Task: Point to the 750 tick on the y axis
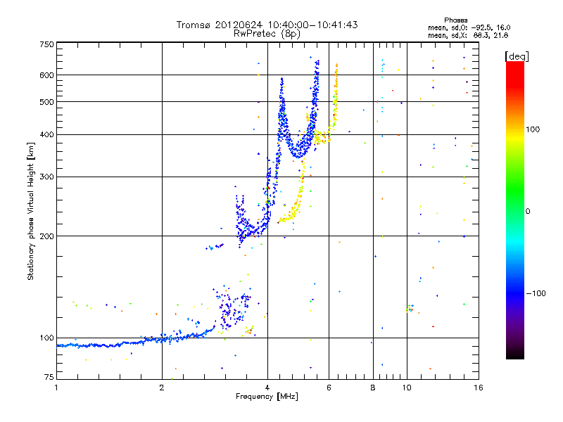tap(46, 44)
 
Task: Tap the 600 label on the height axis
tap(46, 75)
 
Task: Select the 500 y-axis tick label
tap(46, 102)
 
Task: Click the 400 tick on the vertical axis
tap(46, 134)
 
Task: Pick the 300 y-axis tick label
tap(46, 177)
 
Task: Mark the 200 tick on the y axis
tap(46, 236)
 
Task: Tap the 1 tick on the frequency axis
tap(56, 387)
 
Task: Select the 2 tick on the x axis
tap(162, 387)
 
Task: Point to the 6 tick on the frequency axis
tap(329, 387)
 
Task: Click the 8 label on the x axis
tap(373, 387)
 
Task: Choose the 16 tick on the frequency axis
tap(478, 387)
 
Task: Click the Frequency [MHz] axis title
tap(267, 397)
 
